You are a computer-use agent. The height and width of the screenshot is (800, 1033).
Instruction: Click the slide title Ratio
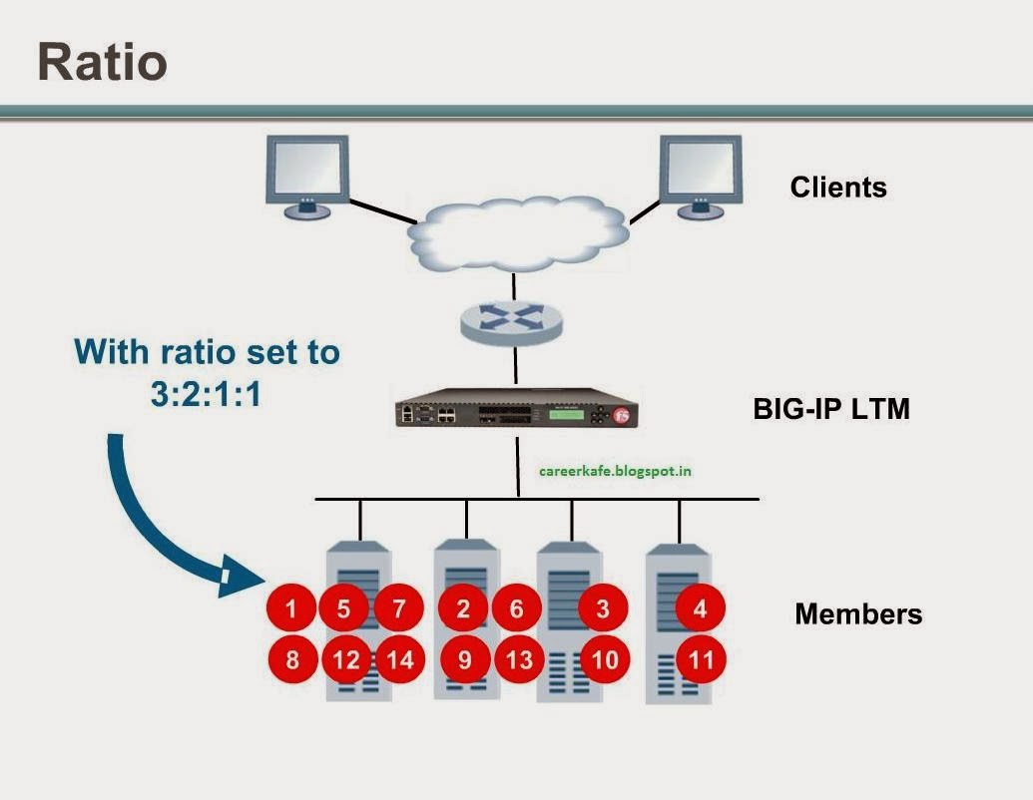coord(102,62)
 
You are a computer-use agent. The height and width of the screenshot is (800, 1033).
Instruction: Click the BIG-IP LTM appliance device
coord(516,413)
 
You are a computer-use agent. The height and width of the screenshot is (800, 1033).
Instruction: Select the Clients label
coord(837,187)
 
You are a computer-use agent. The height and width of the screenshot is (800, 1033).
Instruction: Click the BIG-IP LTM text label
coord(830,408)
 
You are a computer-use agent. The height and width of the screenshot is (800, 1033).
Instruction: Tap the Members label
coord(857,613)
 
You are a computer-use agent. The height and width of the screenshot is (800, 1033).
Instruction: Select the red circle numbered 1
coord(291,608)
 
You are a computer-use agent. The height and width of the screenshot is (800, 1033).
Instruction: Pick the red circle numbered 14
coord(399,659)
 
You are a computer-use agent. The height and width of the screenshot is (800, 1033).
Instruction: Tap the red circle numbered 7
coord(399,608)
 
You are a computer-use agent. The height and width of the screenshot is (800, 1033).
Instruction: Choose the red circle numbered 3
coord(603,608)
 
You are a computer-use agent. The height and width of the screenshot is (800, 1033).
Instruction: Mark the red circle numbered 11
coord(700,659)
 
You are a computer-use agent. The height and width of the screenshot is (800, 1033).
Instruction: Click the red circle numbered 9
coord(464,659)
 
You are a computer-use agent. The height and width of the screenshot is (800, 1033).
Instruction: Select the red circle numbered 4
coord(700,607)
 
